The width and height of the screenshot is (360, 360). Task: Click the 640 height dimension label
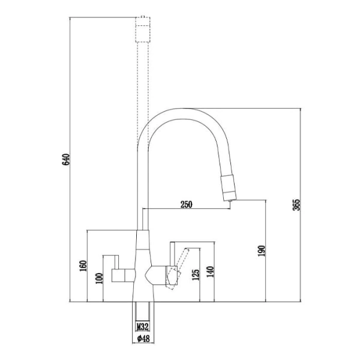65,160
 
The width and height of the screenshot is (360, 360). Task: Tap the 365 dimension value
296,205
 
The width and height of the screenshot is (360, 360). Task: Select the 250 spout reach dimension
186,205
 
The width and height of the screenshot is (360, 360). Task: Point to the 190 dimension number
262,251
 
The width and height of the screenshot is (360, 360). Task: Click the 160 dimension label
83,266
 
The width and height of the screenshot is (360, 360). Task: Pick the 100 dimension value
99,278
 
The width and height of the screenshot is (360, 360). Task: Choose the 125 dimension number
196,275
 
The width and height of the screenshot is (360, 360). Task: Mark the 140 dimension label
211,272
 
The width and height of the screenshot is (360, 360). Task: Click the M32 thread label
143,326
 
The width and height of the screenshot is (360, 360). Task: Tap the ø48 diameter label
143,338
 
